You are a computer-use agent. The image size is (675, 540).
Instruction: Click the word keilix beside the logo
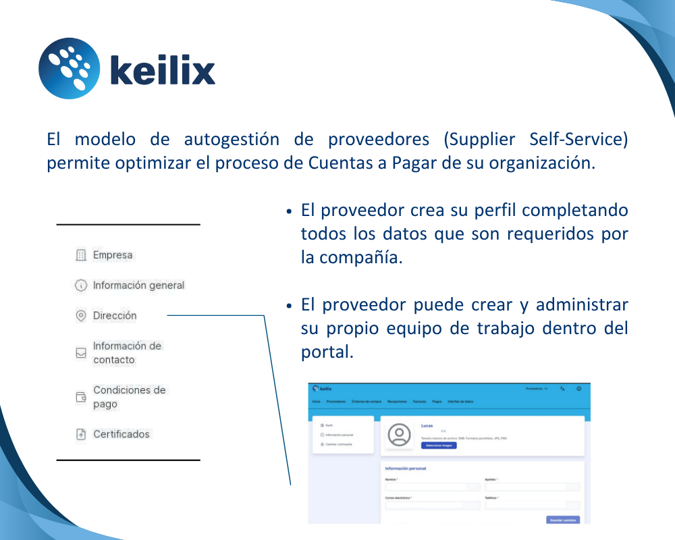(x=162, y=71)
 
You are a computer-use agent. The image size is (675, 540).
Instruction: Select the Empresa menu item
(x=113, y=255)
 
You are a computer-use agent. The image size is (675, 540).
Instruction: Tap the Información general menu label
(x=138, y=286)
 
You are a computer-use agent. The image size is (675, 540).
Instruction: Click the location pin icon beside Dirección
(x=81, y=315)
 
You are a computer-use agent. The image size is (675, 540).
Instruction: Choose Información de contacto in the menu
(x=127, y=352)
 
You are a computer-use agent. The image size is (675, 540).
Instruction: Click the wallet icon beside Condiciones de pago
(x=81, y=397)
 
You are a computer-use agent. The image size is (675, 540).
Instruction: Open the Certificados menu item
(x=122, y=434)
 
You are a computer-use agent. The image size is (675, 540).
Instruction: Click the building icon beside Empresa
(x=81, y=255)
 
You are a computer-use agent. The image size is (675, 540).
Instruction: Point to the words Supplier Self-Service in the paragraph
(x=537, y=140)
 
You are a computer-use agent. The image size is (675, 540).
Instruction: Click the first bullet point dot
(x=289, y=211)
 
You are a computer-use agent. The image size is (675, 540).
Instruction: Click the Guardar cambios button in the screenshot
(x=562, y=520)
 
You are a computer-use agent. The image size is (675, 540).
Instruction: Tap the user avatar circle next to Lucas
(x=400, y=435)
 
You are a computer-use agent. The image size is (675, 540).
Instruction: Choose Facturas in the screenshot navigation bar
(x=419, y=402)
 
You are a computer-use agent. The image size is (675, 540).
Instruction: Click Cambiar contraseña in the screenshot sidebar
(x=340, y=443)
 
